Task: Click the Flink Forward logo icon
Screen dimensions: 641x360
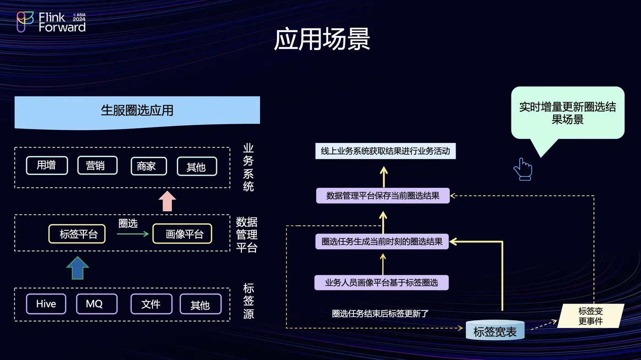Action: pyautogui.click(x=25, y=22)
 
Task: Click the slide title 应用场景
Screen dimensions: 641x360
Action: pyautogui.click(x=322, y=39)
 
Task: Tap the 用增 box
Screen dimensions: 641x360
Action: pyautogui.click(x=47, y=165)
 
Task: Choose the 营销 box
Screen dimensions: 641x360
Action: pyautogui.click(x=97, y=165)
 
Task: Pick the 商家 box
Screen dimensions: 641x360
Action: pyautogui.click(x=149, y=166)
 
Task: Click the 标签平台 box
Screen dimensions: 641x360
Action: pyautogui.click(x=77, y=234)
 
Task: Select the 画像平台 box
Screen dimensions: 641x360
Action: pyautogui.click(x=182, y=234)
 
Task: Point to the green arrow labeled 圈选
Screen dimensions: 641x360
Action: pyautogui.click(x=133, y=234)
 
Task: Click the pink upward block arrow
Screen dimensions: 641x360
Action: pyautogui.click(x=167, y=201)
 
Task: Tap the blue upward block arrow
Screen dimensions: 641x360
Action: pyautogui.click(x=77, y=268)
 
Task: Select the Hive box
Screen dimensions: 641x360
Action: pyautogui.click(x=46, y=304)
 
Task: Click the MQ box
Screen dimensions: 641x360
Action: pyautogui.click(x=97, y=304)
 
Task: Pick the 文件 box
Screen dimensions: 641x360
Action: pyautogui.click(x=152, y=304)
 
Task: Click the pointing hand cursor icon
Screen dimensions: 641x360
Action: pyautogui.click(x=523, y=169)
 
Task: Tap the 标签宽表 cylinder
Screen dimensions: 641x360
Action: pyautogui.click(x=495, y=330)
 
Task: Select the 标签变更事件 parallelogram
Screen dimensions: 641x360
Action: pyautogui.click(x=591, y=316)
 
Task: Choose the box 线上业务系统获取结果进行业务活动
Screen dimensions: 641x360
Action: pyautogui.click(x=386, y=151)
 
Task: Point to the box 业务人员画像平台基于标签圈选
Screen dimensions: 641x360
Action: pyautogui.click(x=381, y=283)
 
